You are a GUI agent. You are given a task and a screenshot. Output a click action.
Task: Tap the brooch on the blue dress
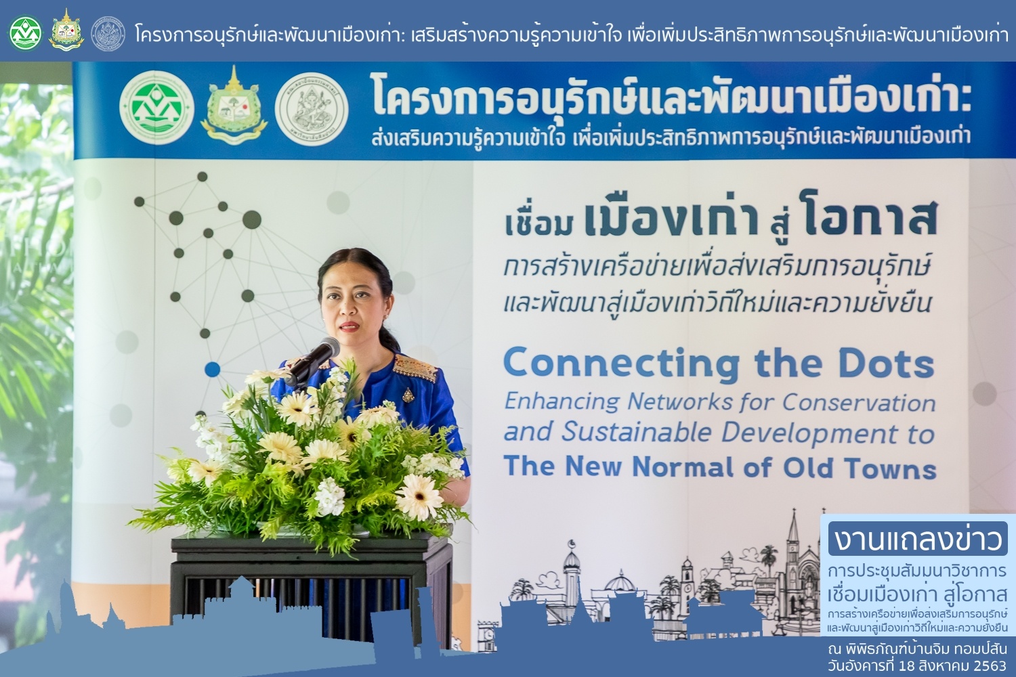[x=408, y=395]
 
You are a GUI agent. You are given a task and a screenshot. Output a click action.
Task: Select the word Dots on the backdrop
[x=886, y=364]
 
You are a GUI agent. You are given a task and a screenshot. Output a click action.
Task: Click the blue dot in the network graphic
[x=212, y=369]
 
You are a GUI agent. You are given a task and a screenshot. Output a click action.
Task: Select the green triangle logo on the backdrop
[x=156, y=108]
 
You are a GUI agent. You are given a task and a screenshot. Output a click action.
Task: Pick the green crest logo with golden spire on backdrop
[x=234, y=106]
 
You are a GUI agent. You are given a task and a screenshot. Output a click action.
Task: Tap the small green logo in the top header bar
[x=26, y=33]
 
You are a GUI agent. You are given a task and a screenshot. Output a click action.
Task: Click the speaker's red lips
[x=350, y=326]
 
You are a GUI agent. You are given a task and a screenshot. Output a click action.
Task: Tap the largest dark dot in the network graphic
[x=252, y=220]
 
